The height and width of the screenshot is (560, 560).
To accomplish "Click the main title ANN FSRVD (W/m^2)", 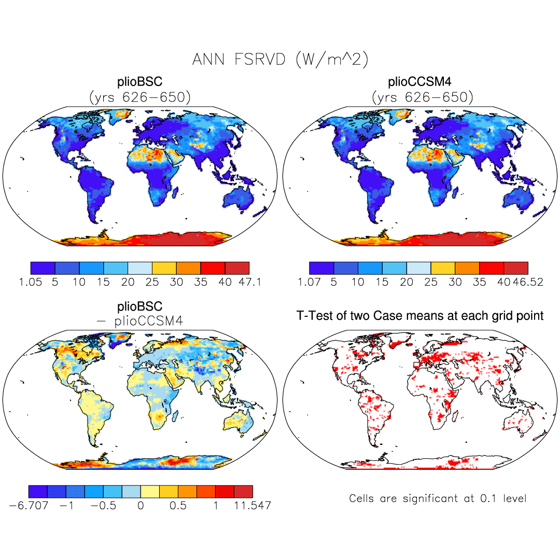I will (280, 60).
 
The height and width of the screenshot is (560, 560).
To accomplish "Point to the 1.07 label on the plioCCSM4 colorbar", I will (310, 283).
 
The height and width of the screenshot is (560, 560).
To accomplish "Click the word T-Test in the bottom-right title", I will (315, 315).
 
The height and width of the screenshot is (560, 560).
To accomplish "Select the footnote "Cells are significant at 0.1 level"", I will (438, 499).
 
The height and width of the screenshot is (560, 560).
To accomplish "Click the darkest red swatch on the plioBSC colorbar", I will (237, 268).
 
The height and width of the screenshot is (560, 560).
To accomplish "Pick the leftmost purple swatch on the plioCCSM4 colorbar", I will (321, 268).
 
